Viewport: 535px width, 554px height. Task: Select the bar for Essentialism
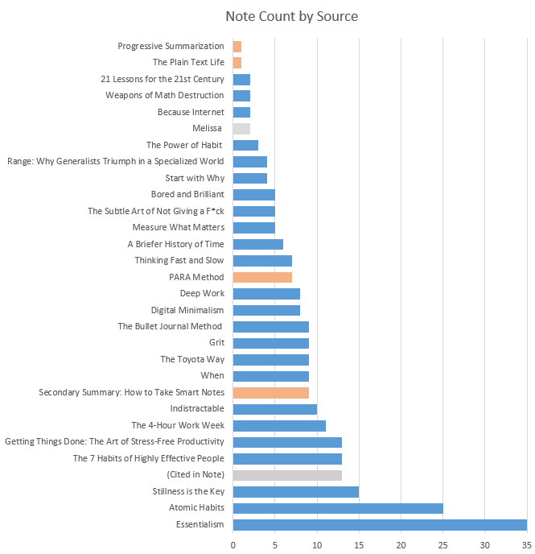coord(379,524)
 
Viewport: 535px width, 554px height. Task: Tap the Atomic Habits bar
coord(337,508)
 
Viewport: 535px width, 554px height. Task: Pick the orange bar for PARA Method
coord(261,277)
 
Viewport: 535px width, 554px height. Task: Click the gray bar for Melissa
coord(241,128)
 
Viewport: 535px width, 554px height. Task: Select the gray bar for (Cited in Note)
coord(286,475)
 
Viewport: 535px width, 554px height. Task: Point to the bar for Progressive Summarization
coord(237,46)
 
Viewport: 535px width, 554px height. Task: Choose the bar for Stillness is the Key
coord(295,491)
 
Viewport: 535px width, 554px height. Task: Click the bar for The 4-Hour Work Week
coord(278,425)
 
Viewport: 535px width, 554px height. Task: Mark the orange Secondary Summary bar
coord(270,392)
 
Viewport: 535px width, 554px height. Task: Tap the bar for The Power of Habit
coord(245,145)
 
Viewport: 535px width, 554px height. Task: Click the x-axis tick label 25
coord(442,545)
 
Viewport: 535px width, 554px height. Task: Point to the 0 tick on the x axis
coord(233,545)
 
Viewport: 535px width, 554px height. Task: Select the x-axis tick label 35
coord(526,545)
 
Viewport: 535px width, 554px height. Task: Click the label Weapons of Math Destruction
coord(164,95)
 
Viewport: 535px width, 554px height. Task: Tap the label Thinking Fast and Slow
coord(179,260)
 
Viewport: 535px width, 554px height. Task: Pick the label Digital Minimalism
coord(187,310)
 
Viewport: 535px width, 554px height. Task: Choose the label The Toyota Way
coord(191,359)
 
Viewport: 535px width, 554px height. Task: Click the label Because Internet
coord(191,112)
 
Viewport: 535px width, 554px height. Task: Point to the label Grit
coord(216,343)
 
